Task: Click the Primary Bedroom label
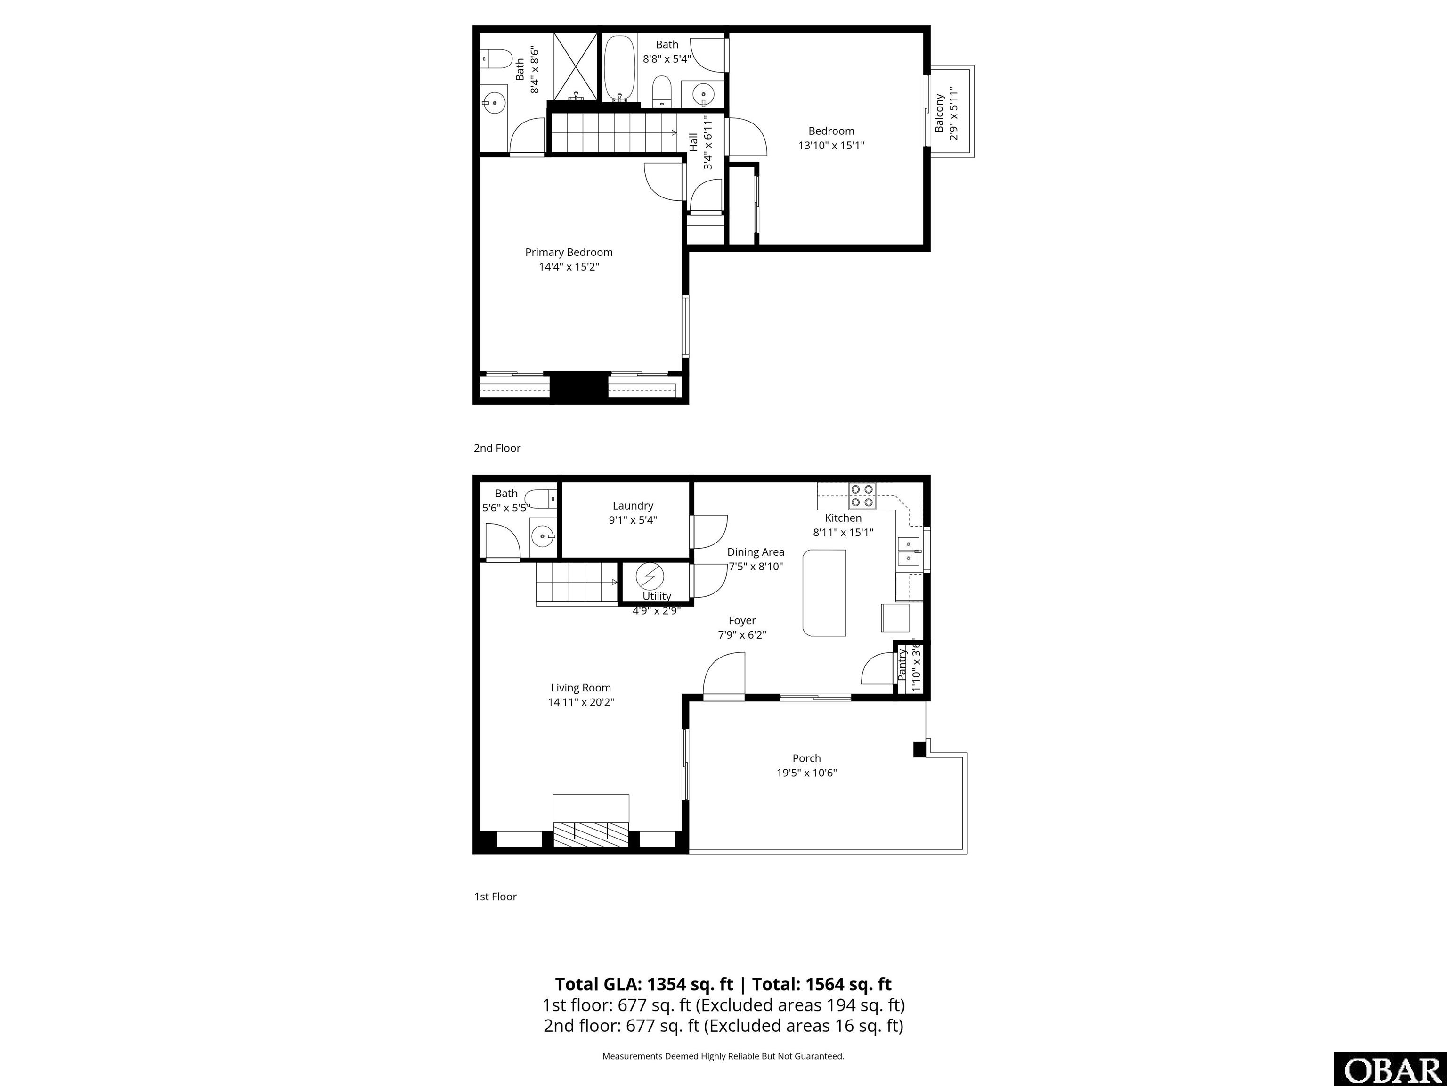point(569,252)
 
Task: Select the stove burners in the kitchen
point(862,495)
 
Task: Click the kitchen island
point(824,592)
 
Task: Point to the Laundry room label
point(633,505)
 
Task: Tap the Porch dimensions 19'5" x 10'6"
point(806,773)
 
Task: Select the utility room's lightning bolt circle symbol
point(650,576)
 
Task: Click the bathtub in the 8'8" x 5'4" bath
point(619,67)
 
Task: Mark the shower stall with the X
point(576,67)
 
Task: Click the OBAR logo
point(1390,1070)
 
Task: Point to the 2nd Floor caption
point(497,448)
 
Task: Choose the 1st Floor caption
point(495,896)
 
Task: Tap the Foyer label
point(742,620)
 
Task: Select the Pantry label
point(903,665)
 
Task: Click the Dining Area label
point(756,552)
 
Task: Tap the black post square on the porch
point(919,749)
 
